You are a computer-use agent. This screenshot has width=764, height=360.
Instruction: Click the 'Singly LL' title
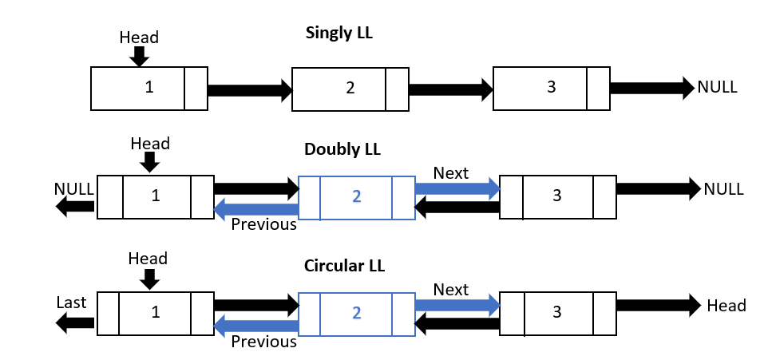338,34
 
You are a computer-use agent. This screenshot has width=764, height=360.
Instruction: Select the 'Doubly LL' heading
342,149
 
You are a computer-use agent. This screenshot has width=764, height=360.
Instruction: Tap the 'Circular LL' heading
345,265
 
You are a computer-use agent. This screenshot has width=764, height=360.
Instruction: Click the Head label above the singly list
139,38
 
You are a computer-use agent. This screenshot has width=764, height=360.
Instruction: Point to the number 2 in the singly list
350,88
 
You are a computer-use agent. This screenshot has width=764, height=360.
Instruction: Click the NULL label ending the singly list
718,87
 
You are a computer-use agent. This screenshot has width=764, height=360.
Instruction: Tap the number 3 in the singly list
551,88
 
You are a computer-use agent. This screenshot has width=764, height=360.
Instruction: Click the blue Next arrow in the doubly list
456,189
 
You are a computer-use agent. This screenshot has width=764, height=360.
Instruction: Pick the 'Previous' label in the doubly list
263,224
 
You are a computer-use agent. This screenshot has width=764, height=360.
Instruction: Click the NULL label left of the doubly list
74,188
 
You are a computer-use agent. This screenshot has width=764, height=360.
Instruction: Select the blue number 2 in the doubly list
356,196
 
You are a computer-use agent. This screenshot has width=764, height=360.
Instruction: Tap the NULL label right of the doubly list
723,189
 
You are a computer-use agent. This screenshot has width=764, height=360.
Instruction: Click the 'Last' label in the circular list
71,303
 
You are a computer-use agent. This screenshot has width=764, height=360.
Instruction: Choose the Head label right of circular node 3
726,306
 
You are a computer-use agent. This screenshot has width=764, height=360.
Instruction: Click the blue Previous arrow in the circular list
256,325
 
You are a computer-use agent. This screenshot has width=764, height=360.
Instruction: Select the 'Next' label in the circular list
451,289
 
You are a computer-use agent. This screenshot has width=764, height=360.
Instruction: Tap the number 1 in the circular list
156,312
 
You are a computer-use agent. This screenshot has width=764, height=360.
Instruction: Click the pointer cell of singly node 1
196,88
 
